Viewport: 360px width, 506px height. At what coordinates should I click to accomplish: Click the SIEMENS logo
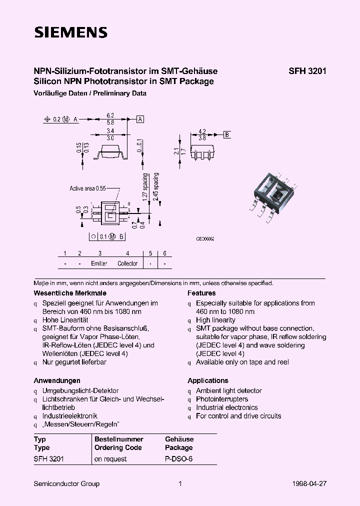70,33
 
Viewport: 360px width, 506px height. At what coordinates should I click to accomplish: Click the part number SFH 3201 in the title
307,71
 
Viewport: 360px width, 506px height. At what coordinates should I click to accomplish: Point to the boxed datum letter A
140,119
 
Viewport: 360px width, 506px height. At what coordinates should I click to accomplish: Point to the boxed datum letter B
226,134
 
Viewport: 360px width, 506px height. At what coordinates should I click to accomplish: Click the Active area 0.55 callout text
87,188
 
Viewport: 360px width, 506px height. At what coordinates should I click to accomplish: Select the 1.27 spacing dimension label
145,186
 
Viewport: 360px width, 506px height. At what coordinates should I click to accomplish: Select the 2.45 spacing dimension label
156,186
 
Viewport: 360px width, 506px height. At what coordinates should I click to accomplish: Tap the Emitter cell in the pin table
99,263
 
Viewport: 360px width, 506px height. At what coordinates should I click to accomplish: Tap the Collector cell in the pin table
127,263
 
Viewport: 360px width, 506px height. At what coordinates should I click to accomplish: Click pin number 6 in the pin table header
164,253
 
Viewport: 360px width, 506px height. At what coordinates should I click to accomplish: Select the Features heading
201,293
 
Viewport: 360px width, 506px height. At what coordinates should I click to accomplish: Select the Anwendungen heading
57,380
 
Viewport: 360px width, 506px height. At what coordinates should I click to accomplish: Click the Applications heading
207,380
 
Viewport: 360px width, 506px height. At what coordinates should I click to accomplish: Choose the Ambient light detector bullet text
228,390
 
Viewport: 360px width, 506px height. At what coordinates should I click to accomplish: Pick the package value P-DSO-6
178,459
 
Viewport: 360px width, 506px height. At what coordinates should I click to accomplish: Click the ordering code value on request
110,459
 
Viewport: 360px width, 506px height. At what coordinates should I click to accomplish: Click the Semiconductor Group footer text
66,483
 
